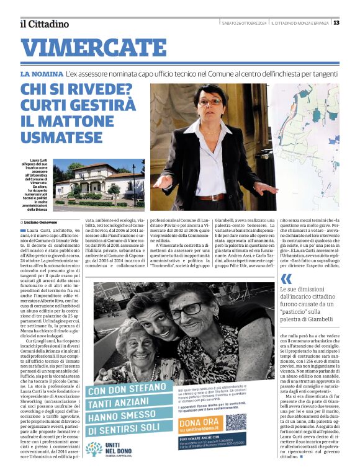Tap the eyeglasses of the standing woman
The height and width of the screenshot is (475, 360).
(211, 102)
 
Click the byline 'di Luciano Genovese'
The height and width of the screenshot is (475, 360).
(44, 221)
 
